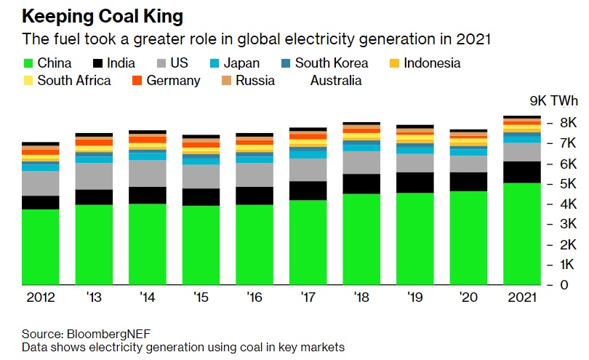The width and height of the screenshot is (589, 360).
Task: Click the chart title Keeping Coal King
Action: click(x=102, y=15)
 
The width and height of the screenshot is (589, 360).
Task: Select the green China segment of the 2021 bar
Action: click(x=522, y=233)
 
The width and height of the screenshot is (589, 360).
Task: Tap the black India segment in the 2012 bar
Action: click(x=41, y=202)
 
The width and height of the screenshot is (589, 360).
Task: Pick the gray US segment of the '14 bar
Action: click(x=148, y=173)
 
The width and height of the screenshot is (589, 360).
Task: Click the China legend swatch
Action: click(x=29, y=63)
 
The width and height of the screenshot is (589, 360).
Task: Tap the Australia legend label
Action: click(x=336, y=80)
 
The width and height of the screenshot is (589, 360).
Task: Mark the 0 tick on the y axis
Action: click(x=564, y=284)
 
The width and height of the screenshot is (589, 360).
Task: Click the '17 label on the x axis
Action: click(x=308, y=297)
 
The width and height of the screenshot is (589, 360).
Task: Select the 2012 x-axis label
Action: click(x=41, y=297)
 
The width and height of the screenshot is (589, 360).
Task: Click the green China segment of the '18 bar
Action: click(x=361, y=239)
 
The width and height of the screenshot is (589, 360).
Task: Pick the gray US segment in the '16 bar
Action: click(x=255, y=175)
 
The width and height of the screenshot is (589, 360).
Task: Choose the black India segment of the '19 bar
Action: click(x=415, y=183)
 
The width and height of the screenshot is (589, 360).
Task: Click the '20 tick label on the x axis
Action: click(x=468, y=297)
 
